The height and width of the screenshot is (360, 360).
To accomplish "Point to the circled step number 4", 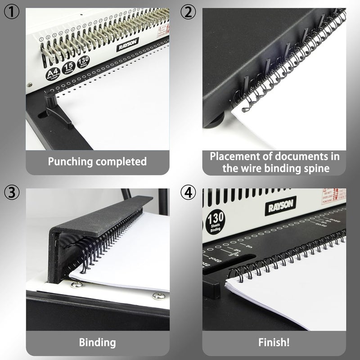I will pos(189,193).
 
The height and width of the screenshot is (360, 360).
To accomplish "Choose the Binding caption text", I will pos(97,342).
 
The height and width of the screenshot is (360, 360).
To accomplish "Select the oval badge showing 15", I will pos(68,67).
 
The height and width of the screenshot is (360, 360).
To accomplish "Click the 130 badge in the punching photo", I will pos(83,61).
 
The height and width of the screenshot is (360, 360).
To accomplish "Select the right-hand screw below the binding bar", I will pos(158,296).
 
